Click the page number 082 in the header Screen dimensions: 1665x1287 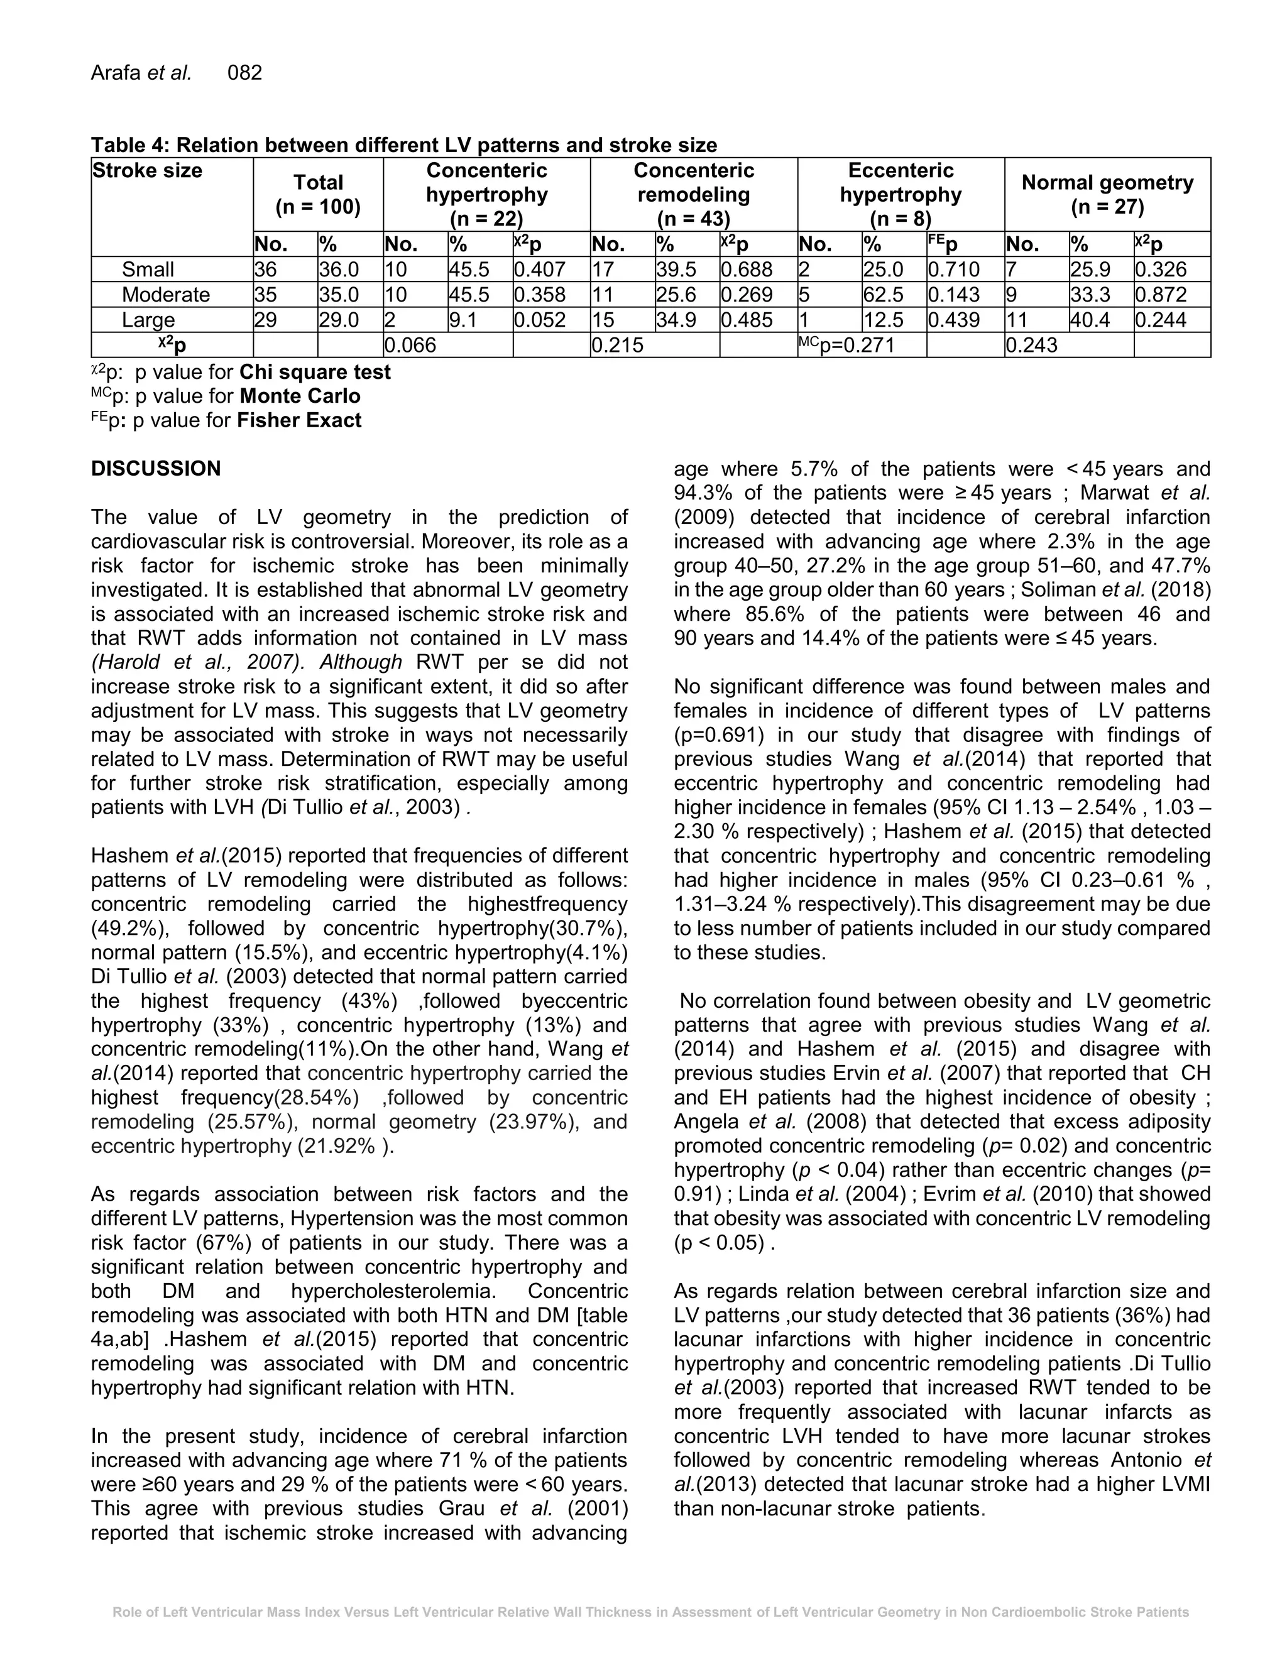(x=244, y=73)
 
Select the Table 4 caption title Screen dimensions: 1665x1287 (x=404, y=145)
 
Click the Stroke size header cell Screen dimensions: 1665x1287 (x=147, y=171)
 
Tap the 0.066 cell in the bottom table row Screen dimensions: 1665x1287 (x=410, y=346)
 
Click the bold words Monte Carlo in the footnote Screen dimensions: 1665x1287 (x=300, y=396)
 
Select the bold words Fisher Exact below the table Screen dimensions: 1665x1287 (x=299, y=421)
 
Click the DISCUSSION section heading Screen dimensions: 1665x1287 (x=156, y=469)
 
